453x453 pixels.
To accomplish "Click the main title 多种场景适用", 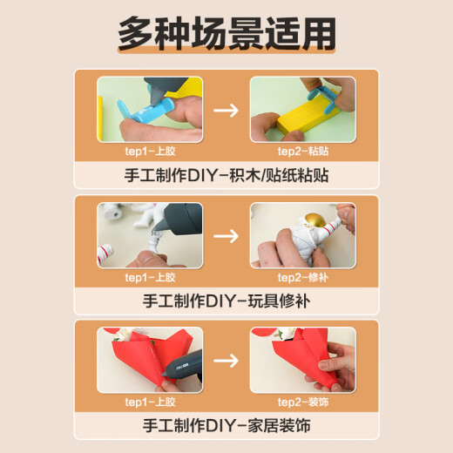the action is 226,34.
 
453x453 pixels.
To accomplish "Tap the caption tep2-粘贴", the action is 303,152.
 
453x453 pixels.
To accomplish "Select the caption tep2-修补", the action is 303,278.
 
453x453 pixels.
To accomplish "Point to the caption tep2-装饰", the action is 303,402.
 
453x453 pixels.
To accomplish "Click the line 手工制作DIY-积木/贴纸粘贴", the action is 226,175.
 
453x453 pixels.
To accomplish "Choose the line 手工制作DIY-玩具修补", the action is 226,301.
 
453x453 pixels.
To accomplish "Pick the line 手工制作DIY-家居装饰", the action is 226,425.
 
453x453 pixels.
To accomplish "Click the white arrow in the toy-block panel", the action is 226,111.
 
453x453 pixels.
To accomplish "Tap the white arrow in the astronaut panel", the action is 226,236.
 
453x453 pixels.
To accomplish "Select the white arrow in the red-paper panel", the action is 226,361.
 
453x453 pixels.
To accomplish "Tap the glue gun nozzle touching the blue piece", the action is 155,97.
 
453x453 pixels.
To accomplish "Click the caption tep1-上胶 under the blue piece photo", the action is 150,152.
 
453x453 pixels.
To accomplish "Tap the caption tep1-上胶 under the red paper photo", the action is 150,402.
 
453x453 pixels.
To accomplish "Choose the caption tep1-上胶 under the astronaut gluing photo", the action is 150,278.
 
